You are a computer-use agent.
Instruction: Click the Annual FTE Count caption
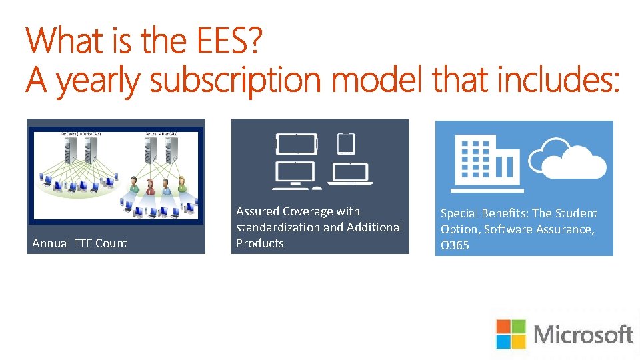[79, 243]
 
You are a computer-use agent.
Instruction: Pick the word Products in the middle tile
[260, 243]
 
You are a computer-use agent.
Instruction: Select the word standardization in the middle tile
[277, 227]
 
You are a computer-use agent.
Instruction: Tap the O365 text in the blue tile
[455, 245]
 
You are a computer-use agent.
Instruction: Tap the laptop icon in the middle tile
[352, 173]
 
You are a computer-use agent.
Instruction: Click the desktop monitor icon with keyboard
[296, 173]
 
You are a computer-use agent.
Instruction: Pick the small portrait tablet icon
[345, 143]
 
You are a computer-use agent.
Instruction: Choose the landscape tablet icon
[296, 143]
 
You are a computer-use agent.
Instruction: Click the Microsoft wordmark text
[583, 334]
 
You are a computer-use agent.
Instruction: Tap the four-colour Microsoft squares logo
[511, 334]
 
